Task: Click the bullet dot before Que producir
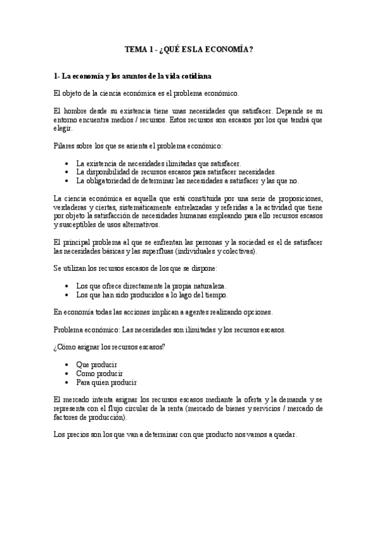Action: point(67,365)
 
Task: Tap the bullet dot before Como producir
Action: point(67,373)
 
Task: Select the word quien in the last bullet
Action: point(104,382)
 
